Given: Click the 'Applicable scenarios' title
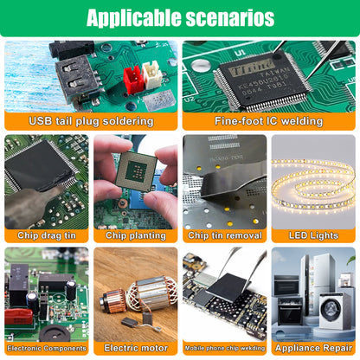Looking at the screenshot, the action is tap(180, 17).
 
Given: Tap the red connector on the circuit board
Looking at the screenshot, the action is tap(132, 80).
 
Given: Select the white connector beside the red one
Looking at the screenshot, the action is tap(152, 75).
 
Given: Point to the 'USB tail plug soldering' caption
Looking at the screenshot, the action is tap(91, 121).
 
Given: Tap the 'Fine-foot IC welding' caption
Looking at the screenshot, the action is tap(268, 121).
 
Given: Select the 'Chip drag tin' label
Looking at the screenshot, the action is tap(47, 235).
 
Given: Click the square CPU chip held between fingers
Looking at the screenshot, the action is tap(136, 171).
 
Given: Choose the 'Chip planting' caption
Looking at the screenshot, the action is tap(136, 235).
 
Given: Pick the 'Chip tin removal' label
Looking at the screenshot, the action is tap(225, 235).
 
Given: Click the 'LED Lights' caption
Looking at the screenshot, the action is tap(313, 235).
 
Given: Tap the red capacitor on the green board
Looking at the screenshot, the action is tap(19, 317).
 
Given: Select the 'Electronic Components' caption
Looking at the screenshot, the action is tap(47, 348).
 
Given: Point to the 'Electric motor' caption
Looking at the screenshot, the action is tap(136, 348).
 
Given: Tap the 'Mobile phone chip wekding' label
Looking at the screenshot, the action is tap(225, 348).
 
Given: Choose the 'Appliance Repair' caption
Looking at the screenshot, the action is tap(313, 348).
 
